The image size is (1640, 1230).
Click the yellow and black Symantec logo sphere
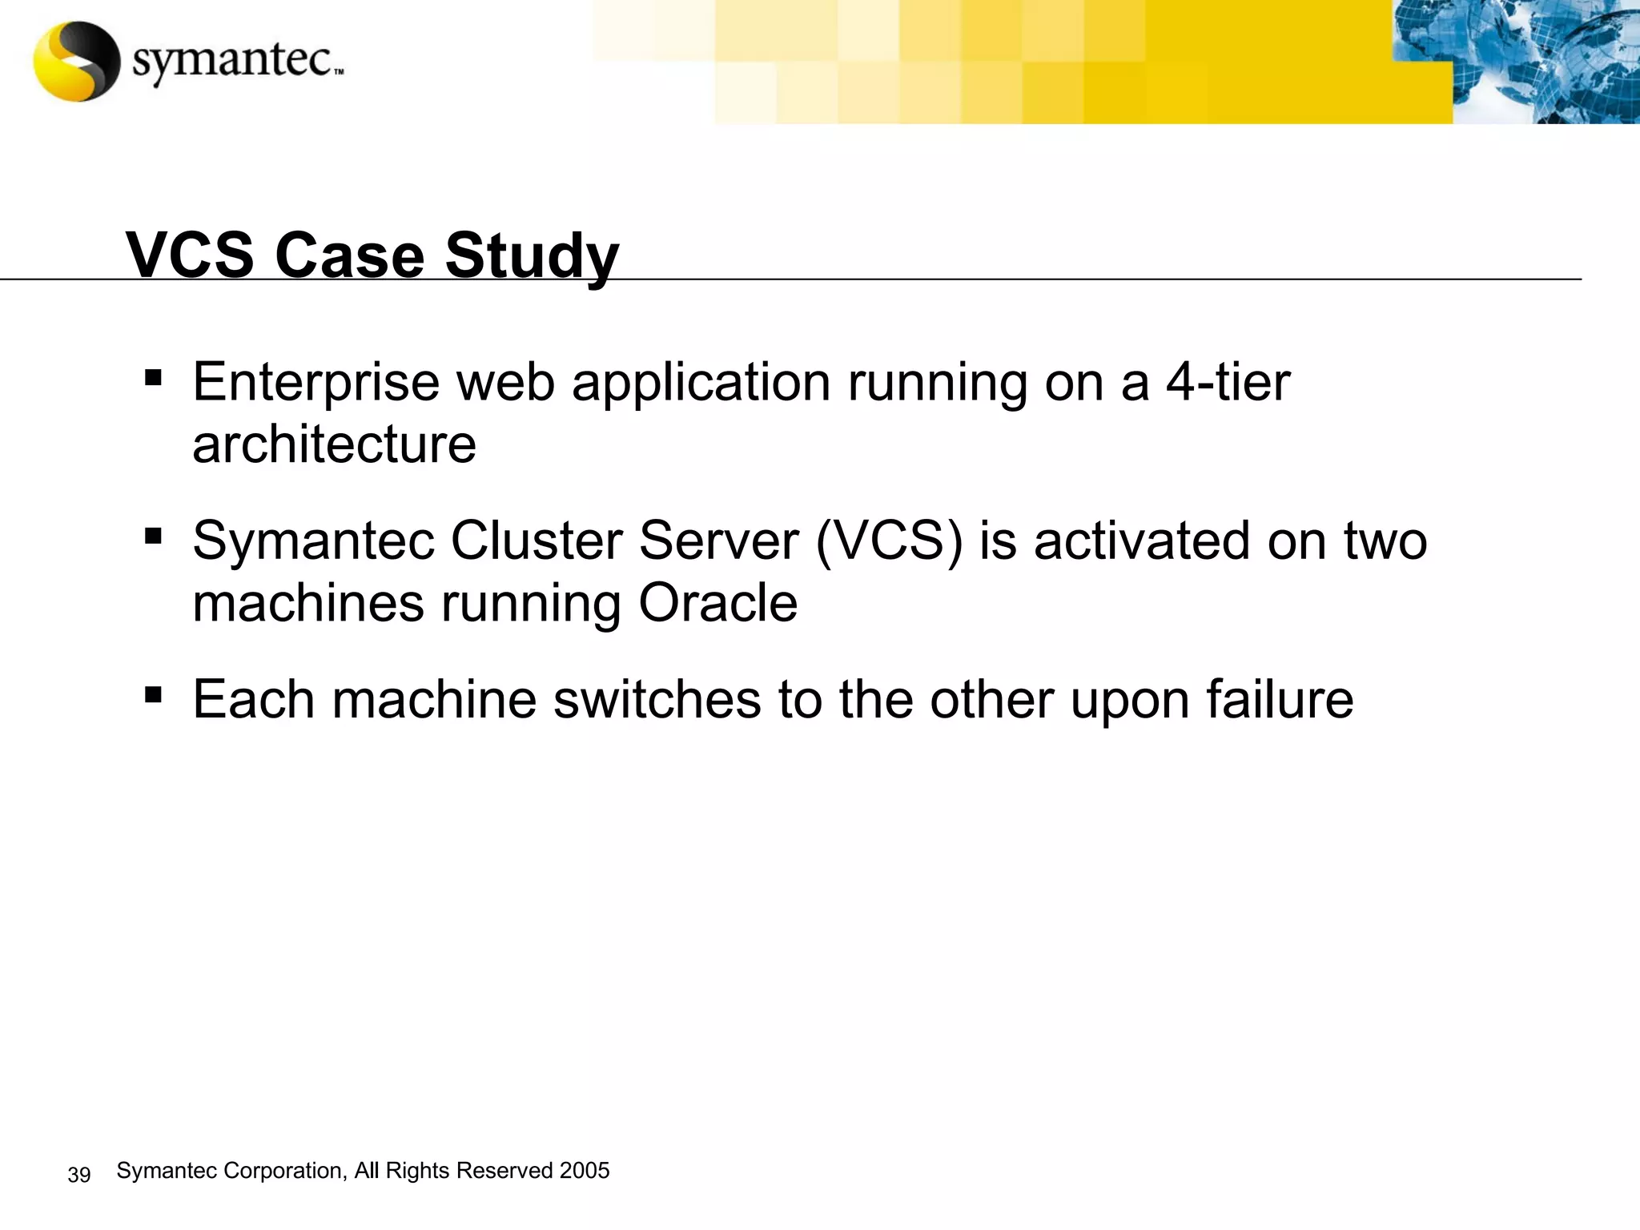(77, 62)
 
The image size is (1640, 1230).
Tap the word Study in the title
(532, 256)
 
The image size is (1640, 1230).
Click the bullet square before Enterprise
(153, 376)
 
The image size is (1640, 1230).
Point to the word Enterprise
(316, 383)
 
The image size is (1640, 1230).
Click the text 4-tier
(1228, 381)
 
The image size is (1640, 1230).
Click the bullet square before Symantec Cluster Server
(153, 535)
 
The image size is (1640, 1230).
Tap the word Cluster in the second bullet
(536, 541)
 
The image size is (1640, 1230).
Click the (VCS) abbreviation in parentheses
(889, 541)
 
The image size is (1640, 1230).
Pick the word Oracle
(717, 603)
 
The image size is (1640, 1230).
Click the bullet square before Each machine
(153, 693)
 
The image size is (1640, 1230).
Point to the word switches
(657, 699)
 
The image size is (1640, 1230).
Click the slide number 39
(79, 1175)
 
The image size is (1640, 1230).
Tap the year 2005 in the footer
(585, 1171)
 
